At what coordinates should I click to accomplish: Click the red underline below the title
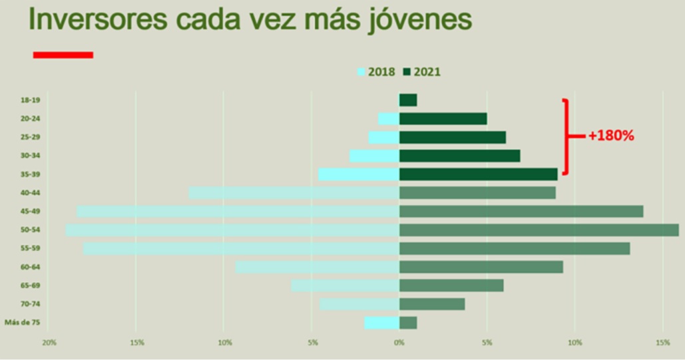tap(63, 55)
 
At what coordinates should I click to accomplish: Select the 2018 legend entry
tap(377, 72)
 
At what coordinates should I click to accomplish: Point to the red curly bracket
tap(567, 136)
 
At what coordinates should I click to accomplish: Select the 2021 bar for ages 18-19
tap(408, 100)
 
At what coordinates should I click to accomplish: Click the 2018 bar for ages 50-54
tap(232, 230)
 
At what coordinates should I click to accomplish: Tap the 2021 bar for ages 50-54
tap(539, 230)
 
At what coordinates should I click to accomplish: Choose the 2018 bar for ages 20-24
tap(389, 118)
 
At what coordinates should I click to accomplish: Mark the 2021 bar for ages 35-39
tap(478, 174)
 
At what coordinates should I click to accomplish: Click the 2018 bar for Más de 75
tap(382, 323)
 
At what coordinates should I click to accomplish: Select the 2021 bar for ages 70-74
tap(432, 304)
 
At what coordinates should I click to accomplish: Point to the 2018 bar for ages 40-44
tap(294, 193)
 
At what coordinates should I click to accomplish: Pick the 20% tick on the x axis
tap(48, 343)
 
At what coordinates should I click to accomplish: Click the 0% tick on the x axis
tap(399, 343)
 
